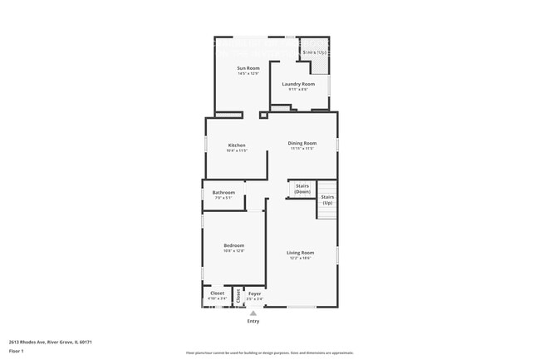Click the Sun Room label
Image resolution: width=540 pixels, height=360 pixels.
click(248, 68)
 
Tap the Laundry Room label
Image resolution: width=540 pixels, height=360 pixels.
click(298, 84)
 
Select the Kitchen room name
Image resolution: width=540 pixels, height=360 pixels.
click(237, 145)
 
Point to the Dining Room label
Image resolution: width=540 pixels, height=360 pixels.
click(302, 143)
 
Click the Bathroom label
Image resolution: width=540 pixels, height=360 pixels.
click(223, 193)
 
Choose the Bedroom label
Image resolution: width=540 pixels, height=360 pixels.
click(234, 245)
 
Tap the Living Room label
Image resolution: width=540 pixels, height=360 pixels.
click(301, 253)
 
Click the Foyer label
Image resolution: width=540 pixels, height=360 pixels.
click(255, 293)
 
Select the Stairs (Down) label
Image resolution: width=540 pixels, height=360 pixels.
click(302, 189)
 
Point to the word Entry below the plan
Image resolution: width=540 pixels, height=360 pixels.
click(253, 321)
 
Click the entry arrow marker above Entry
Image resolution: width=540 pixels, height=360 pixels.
click(253, 313)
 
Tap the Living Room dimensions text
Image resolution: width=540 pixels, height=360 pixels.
click(301, 258)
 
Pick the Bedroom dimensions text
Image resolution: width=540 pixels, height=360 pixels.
click(234, 250)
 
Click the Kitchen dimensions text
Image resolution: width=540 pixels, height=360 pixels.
click(237, 150)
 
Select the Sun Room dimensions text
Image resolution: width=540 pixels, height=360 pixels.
click(248, 73)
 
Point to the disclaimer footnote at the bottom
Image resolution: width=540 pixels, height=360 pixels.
click(269, 353)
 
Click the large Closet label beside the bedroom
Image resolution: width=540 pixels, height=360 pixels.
click(217, 293)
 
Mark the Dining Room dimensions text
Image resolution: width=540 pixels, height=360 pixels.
click(302, 149)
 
